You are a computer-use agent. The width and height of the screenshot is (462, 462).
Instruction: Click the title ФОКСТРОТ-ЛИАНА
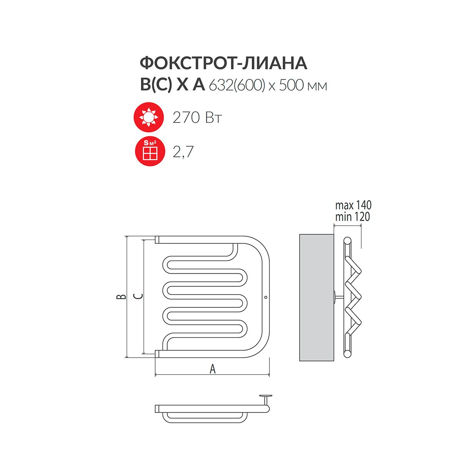pos(223,64)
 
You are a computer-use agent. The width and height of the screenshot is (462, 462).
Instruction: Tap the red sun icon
pos(149,117)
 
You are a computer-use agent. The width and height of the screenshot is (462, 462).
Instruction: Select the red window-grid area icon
pos(150,151)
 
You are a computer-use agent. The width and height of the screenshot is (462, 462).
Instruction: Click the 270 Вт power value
pos(197,117)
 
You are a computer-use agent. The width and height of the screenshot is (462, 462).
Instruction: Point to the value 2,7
pos(183,152)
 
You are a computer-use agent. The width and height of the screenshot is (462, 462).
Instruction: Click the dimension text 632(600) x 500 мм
pos(268,85)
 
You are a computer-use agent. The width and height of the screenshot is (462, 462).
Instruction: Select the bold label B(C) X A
pos(172,85)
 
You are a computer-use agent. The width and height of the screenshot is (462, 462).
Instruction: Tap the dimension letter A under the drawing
pos(213,370)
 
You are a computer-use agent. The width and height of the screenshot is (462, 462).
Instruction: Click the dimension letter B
pos(121,296)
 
